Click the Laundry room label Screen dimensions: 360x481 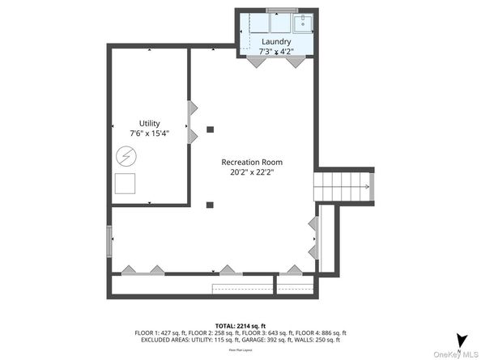[x=275, y=40]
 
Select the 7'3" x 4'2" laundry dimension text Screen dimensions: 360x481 [x=275, y=51]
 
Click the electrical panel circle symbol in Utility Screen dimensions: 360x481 [x=126, y=155]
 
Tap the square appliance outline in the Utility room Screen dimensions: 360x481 [x=125, y=184]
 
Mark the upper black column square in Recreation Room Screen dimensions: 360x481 [x=210, y=129]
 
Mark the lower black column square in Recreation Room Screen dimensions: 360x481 [x=210, y=204]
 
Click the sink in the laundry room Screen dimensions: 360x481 [x=301, y=22]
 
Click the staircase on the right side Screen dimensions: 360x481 [x=343, y=188]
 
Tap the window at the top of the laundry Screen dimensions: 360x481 [x=281, y=10]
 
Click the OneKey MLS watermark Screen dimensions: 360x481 [x=457, y=355]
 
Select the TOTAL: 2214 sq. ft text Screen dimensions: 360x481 [x=240, y=324]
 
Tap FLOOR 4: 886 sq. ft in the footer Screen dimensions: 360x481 [x=323, y=332]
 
